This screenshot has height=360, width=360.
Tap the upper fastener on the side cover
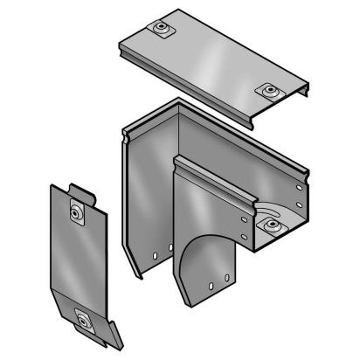point(77,211)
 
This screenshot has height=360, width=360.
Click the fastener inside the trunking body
point(274,225)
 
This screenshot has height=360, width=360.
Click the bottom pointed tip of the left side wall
point(139,276)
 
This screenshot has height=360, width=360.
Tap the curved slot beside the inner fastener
point(267,212)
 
